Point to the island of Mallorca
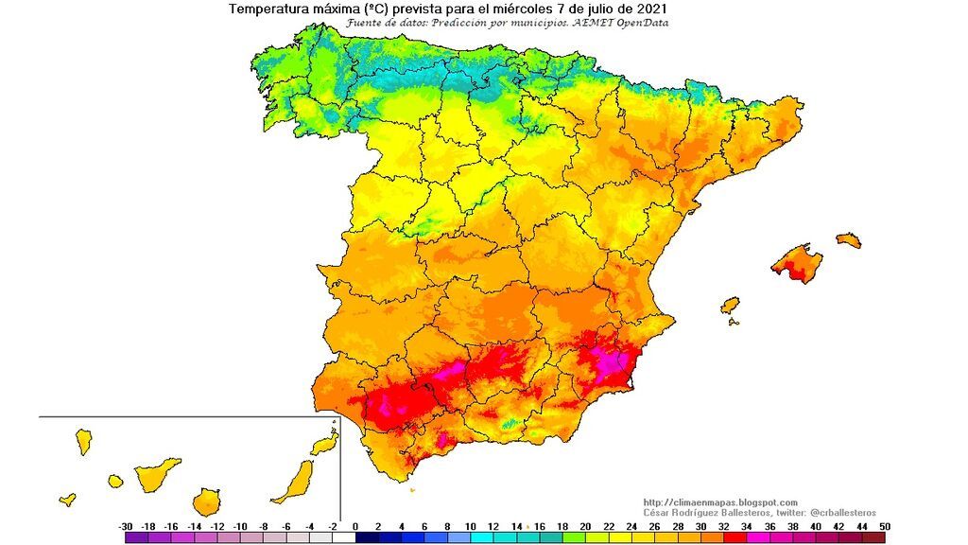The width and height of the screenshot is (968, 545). click(x=796, y=263)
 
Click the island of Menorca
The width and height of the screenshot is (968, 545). click(x=848, y=239)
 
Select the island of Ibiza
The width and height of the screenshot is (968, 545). click(x=729, y=306)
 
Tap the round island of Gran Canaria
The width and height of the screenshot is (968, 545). click(x=207, y=501)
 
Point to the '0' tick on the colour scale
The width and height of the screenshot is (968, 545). click(x=355, y=525)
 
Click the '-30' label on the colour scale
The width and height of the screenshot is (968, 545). click(x=125, y=525)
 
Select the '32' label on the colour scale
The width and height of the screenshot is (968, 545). click(x=724, y=525)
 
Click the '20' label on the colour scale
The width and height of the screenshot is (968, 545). click(x=585, y=525)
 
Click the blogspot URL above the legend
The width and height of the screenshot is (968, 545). click(x=719, y=502)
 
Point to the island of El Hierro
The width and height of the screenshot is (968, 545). click(x=67, y=499)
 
